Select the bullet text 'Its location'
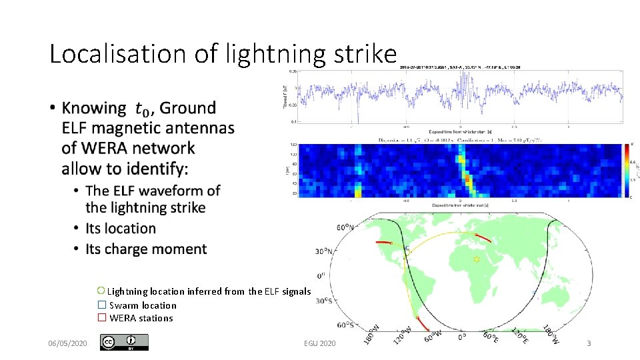(x=121, y=229)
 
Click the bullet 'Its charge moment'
(x=146, y=249)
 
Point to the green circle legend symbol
(x=101, y=291)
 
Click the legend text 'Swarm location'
(x=143, y=305)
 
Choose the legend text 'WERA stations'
(x=141, y=318)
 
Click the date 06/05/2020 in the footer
(x=67, y=343)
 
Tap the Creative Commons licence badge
(x=124, y=342)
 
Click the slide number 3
(x=589, y=343)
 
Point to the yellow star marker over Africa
(x=476, y=258)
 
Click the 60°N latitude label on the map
(x=345, y=227)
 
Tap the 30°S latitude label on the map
(x=324, y=300)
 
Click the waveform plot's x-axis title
(x=461, y=131)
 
